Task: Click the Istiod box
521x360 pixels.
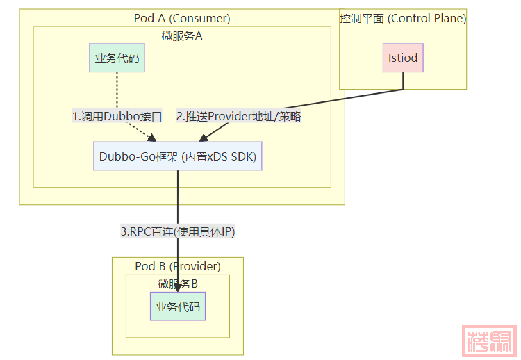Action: tap(403, 58)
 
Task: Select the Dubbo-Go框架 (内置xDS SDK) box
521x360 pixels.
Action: tap(178, 156)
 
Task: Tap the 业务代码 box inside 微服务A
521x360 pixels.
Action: tap(117, 58)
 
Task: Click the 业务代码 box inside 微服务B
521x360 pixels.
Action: tap(178, 306)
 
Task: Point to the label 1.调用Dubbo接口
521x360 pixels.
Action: tap(117, 117)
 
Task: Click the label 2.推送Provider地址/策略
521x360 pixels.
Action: tap(238, 117)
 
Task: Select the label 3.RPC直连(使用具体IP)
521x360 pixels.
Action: tap(178, 231)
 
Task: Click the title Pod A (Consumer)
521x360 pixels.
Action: tap(182, 18)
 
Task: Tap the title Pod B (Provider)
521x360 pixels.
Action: tap(178, 266)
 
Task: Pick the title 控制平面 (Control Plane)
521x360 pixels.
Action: tap(403, 18)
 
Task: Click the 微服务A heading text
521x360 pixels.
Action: tap(182, 35)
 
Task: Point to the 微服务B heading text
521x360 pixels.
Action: tap(178, 284)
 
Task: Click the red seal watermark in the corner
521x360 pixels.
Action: tap(490, 340)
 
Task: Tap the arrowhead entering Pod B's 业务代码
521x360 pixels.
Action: tap(178, 287)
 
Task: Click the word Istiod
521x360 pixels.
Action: tap(403, 58)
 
